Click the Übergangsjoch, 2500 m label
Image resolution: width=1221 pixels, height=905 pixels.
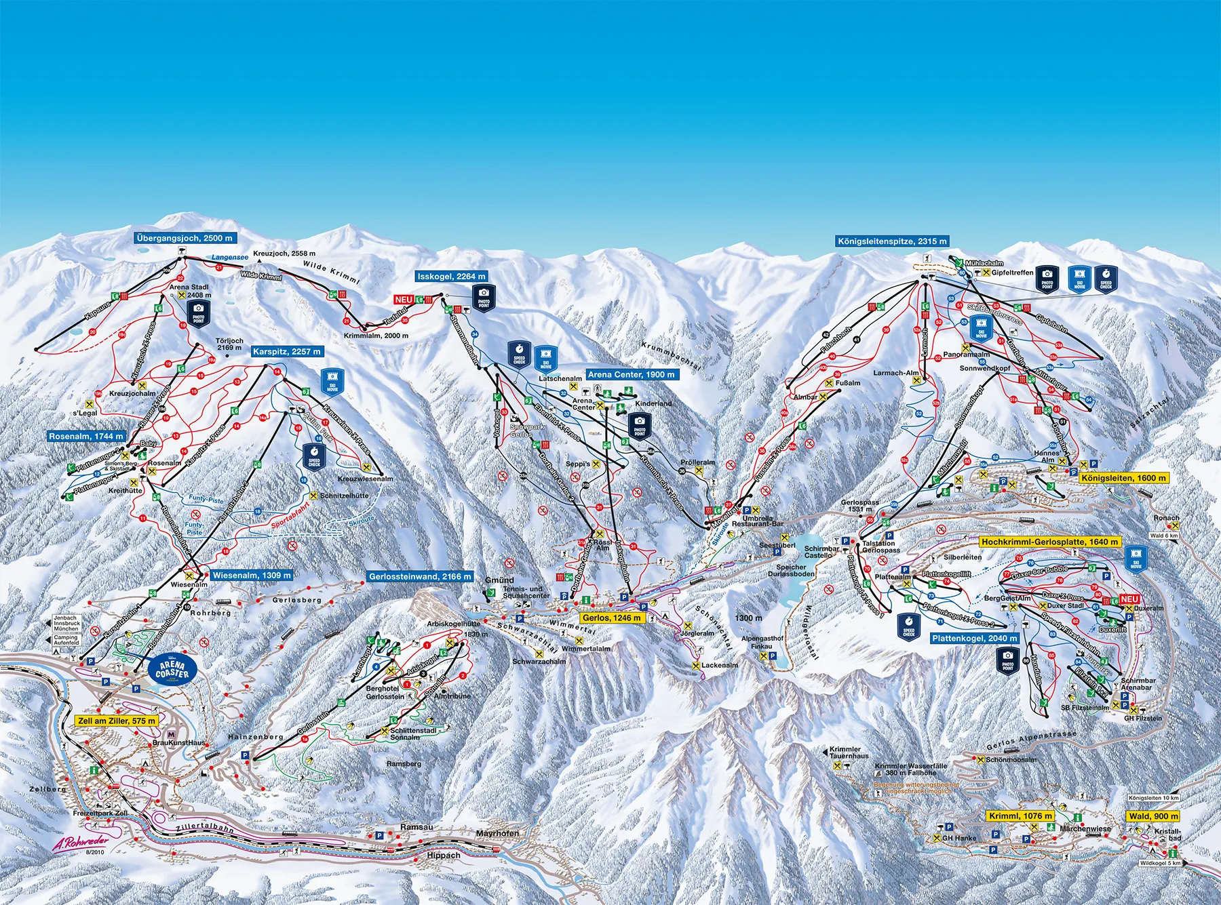[185, 239]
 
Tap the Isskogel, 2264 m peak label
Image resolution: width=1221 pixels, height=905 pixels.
[452, 277]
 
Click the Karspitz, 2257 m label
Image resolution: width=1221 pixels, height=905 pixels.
[286, 352]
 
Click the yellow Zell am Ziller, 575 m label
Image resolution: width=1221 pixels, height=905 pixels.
[117, 721]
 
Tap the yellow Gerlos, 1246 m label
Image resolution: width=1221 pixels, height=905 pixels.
[610, 618]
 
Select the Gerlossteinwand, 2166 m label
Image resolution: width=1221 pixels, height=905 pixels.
[420, 577]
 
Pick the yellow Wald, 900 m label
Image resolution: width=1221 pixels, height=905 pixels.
[1153, 816]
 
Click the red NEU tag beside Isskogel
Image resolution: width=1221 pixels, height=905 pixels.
[404, 300]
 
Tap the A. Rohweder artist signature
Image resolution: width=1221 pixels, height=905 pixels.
[80, 845]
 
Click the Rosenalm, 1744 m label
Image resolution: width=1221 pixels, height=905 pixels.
[86, 437]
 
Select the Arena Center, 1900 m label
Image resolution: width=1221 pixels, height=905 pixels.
[631, 375]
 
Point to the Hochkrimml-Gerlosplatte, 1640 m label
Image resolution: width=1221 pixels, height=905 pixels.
[1050, 542]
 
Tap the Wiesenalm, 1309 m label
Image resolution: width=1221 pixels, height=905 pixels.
[252, 576]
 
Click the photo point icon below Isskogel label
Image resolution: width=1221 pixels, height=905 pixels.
[484, 297]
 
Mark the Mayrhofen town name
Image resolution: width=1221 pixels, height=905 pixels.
[497, 833]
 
